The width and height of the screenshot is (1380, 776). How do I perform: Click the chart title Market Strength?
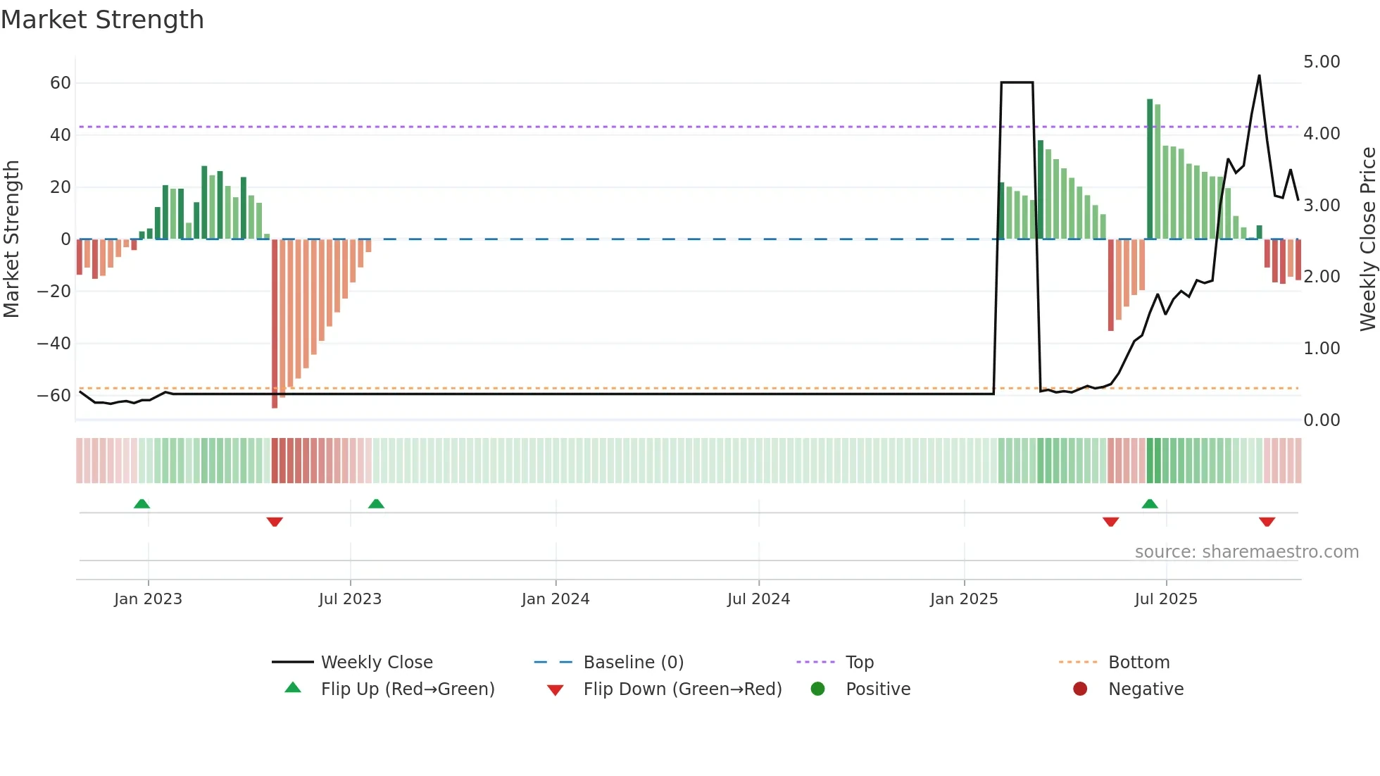point(102,20)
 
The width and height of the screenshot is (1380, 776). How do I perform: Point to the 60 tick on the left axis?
point(61,83)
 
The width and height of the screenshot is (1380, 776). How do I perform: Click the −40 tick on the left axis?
point(54,344)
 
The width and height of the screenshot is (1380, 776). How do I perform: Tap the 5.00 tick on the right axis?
point(1322,62)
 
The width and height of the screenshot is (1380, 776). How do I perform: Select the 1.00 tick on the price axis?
point(1322,349)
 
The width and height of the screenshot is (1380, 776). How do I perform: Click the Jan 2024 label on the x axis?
point(556,599)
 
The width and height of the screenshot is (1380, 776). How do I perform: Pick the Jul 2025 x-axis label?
point(1166,599)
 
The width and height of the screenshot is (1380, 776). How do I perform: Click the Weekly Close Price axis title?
point(1367,239)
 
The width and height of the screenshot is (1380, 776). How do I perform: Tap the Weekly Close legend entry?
point(377,663)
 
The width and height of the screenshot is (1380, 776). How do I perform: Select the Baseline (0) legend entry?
point(633,663)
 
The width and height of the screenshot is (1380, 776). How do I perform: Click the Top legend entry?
point(860,663)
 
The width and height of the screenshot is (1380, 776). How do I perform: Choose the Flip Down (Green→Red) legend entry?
point(682,689)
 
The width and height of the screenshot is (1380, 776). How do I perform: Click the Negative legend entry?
point(1146,689)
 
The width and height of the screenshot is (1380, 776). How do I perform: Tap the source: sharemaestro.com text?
point(1246,552)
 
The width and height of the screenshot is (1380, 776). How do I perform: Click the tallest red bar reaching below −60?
point(275,324)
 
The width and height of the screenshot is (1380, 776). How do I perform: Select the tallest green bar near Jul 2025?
point(1150,169)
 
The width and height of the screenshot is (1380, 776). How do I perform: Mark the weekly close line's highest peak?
point(1259,76)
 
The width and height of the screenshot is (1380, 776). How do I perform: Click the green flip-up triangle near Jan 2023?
point(142,503)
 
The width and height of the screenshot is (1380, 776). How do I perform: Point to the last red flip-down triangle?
point(1267,522)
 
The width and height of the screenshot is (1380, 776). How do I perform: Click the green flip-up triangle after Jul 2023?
point(376,503)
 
